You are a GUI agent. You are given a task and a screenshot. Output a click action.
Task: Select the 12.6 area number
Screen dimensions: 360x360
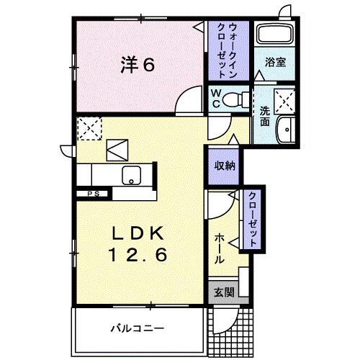click(x=140, y=256)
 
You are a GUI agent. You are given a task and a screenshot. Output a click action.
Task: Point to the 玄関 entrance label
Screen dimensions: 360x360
click(x=223, y=292)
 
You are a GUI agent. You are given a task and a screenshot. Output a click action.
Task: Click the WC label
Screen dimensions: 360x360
click(x=215, y=99)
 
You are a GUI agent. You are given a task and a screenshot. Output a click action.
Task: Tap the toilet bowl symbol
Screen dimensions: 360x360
click(x=235, y=99)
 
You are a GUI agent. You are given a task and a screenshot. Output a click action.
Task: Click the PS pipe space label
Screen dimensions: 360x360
click(x=93, y=193)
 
